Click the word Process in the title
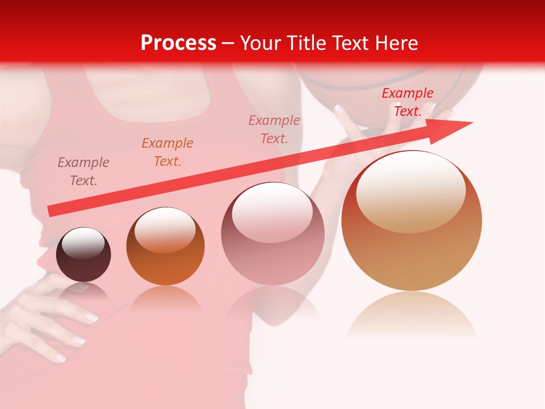[x=178, y=43]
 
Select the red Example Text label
[x=407, y=102]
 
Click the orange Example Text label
[x=167, y=152]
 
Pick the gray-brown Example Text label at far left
[x=83, y=172]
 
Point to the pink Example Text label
[x=274, y=129]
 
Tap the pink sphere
[x=272, y=250]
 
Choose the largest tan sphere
[x=412, y=250]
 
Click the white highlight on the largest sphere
[x=411, y=190]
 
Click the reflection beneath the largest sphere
[x=412, y=315]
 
